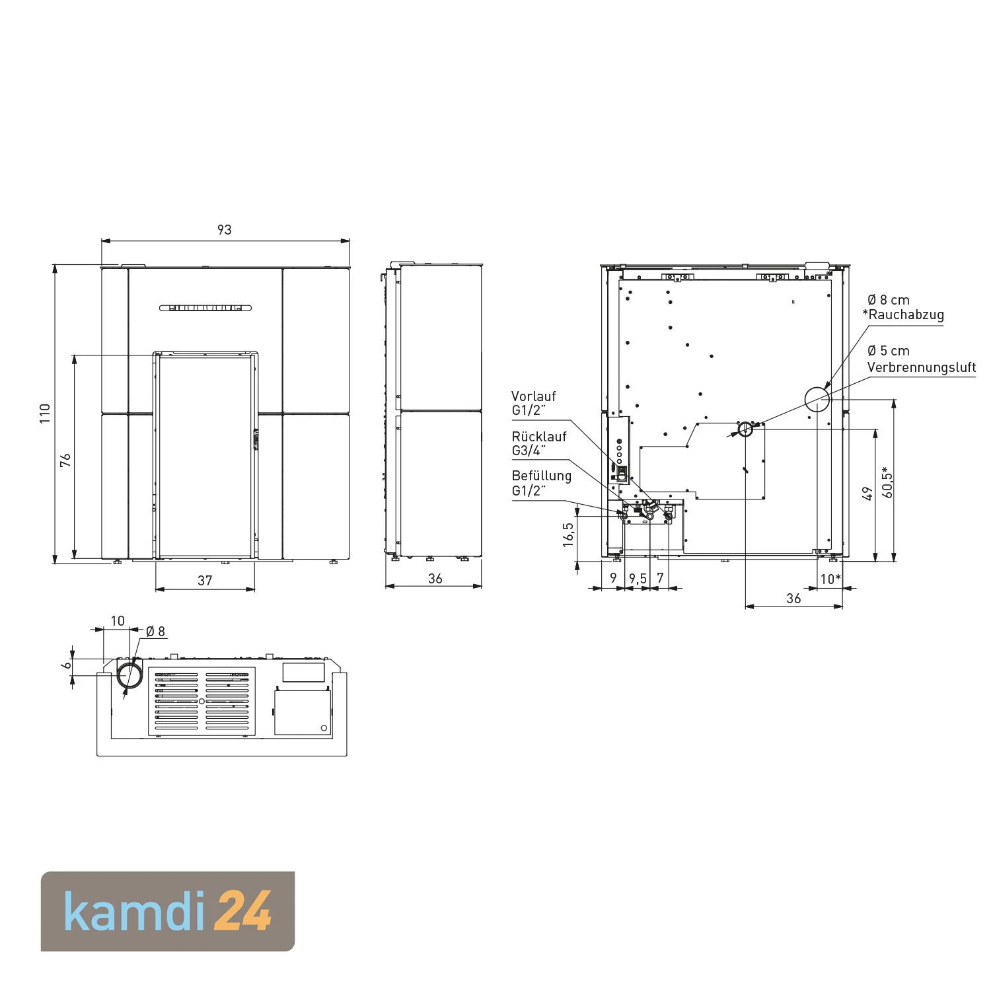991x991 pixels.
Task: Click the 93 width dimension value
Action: point(225,230)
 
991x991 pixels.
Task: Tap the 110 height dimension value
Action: point(45,414)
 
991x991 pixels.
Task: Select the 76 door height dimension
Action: point(65,460)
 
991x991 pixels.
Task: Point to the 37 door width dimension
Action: point(205,580)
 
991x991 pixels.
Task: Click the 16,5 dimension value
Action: point(568,534)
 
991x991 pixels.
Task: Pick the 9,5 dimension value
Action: point(638,578)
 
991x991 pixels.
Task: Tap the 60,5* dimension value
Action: point(887,484)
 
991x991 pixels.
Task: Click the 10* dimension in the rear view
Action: point(830,579)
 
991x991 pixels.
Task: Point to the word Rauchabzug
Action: point(906,315)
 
